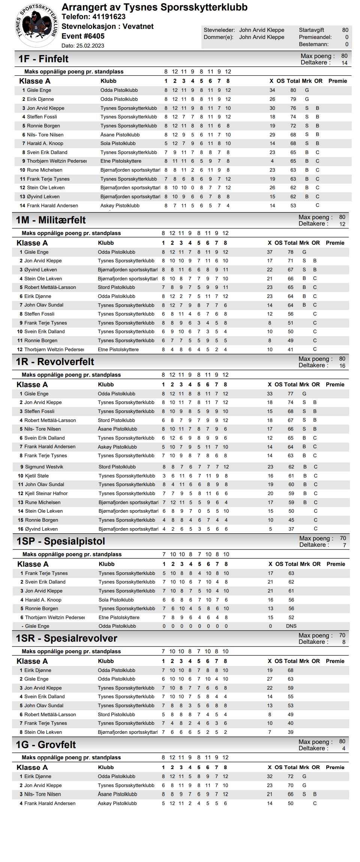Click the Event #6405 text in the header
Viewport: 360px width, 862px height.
(83, 36)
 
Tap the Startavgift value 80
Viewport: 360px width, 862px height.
(345, 30)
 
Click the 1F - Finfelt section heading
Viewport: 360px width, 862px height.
(43, 59)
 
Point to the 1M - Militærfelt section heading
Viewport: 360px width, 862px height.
(51, 220)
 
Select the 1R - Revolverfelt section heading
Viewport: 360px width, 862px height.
(55, 362)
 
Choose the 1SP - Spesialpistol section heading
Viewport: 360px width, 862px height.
(61, 541)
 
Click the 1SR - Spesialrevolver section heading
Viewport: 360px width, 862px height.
(66, 638)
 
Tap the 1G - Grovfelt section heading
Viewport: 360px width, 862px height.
(46, 744)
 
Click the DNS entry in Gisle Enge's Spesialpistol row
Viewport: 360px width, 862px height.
(291, 626)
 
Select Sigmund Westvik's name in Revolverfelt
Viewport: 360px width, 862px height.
(44, 467)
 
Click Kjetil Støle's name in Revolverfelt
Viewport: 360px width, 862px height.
(37, 476)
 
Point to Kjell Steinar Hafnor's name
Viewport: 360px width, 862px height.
(46, 494)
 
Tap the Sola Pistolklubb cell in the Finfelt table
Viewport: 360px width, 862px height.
(118, 144)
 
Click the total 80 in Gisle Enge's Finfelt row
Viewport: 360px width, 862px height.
(293, 90)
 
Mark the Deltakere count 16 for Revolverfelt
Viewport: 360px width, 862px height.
(342, 366)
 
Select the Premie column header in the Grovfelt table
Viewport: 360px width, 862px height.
(335, 767)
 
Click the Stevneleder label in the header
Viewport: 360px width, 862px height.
(219, 30)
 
